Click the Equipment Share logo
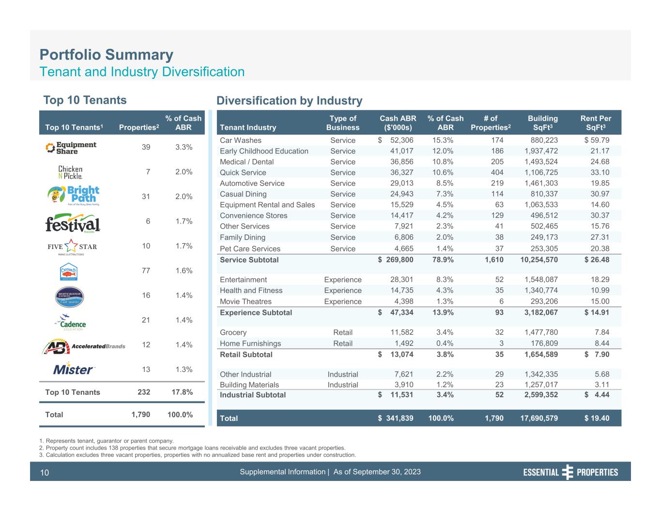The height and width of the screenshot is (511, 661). point(71,148)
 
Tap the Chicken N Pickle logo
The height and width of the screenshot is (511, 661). point(70,172)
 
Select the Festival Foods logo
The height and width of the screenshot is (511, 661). point(73,223)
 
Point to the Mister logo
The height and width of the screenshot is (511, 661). point(74,370)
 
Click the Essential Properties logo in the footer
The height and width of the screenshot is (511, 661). point(570,472)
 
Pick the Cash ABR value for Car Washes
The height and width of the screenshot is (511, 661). point(396,140)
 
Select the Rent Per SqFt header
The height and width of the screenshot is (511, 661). point(596,123)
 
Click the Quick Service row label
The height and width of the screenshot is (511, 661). point(243,172)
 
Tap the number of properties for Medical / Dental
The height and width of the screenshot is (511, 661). point(497,162)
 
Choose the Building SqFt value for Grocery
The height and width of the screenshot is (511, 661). point(541,332)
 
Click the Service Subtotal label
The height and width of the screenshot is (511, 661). point(249,260)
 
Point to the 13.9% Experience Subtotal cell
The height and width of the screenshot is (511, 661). point(443,312)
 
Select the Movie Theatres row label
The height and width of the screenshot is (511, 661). point(246,301)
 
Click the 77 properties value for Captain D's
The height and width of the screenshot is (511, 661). point(146,271)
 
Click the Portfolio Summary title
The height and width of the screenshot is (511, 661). point(106,55)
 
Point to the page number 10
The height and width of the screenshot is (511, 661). point(45,473)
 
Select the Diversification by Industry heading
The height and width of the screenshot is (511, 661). point(289,101)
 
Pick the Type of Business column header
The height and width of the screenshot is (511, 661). point(343,123)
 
